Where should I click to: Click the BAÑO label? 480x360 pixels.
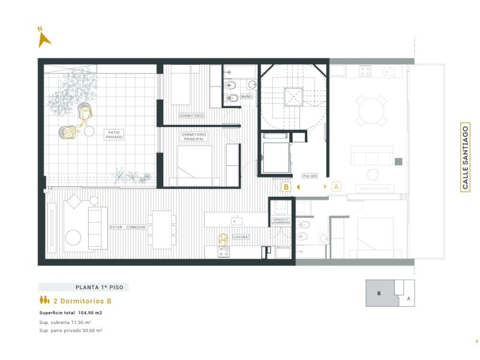[x=247, y=96]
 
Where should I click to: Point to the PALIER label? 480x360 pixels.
[x=310, y=176]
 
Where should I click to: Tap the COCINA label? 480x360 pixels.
[x=241, y=237]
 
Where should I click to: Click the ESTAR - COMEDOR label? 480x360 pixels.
[x=128, y=227]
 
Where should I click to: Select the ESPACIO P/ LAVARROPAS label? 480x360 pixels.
[x=280, y=221]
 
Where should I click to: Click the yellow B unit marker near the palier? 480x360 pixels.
[x=287, y=187]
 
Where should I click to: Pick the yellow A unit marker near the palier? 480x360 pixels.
[x=336, y=187]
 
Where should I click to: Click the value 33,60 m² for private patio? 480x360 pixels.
[x=91, y=331]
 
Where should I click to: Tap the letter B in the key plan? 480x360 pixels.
[x=379, y=293]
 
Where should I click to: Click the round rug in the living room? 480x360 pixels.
[x=73, y=238]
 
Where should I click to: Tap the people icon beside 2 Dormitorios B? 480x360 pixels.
[x=44, y=301]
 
